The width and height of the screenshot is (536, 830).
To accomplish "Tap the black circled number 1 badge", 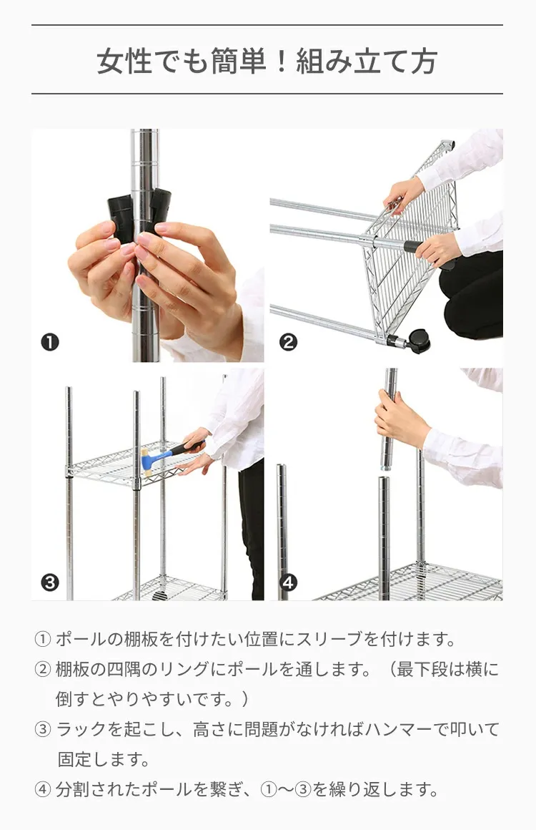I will [49, 342].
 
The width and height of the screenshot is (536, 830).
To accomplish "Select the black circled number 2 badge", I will [287, 342].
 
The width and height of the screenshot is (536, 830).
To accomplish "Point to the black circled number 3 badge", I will [49, 582].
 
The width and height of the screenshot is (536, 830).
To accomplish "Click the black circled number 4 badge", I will [287, 582].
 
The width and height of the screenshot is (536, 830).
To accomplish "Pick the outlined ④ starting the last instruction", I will [42, 790].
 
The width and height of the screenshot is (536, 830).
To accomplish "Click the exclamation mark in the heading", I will [282, 61].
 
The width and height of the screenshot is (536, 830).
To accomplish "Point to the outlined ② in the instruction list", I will [42, 670].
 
